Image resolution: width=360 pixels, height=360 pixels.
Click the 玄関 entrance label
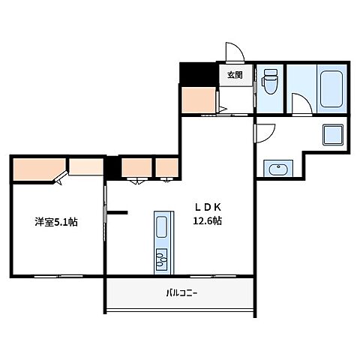pos(235,75)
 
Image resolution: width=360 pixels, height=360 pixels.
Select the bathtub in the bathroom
pos(331,88)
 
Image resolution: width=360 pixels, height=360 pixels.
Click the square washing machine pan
pos(332,136)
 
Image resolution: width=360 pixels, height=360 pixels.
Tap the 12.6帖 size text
pos(207,221)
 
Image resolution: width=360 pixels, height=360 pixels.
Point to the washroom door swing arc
pos(264,132)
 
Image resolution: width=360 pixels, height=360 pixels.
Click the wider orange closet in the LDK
pos(136,166)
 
